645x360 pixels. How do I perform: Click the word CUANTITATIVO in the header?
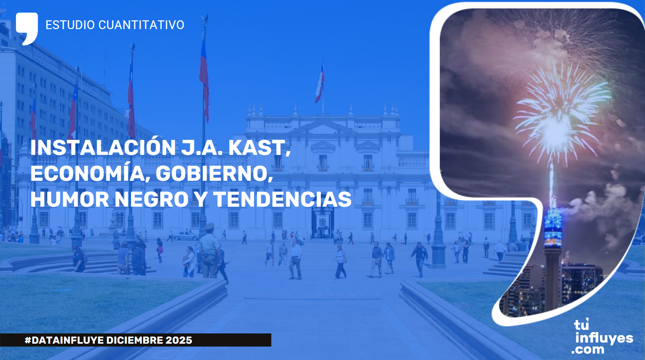[141, 25]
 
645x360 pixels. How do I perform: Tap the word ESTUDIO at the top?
[70, 25]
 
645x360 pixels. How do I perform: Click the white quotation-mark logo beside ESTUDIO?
[27, 28]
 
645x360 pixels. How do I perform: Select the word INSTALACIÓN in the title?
[103, 148]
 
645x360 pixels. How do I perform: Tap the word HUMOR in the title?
[70, 200]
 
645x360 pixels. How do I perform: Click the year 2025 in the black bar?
[179, 340]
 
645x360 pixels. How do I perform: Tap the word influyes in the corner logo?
[604, 338]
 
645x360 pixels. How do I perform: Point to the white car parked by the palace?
[185, 236]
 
